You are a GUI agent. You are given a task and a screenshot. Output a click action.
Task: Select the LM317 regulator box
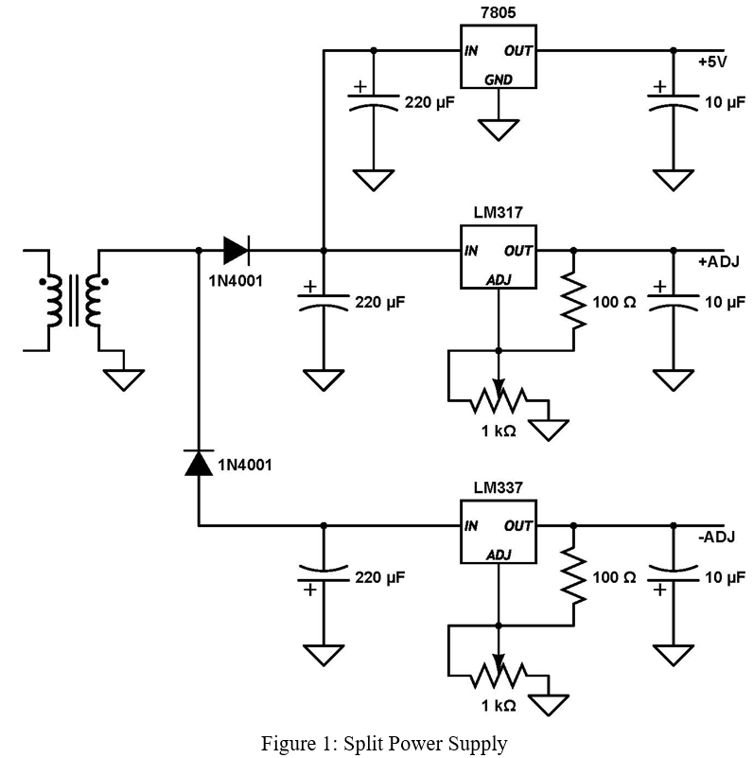pos(498,256)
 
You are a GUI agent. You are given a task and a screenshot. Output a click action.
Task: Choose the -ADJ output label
pos(716,537)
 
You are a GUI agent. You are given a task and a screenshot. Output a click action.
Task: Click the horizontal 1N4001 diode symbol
pos(236,251)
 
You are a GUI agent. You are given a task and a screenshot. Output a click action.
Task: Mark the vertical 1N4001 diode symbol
pos(199,464)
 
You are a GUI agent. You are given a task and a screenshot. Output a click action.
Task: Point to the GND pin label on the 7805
pos(498,79)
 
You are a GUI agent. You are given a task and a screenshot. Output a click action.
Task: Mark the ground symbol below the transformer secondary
pos(124,379)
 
